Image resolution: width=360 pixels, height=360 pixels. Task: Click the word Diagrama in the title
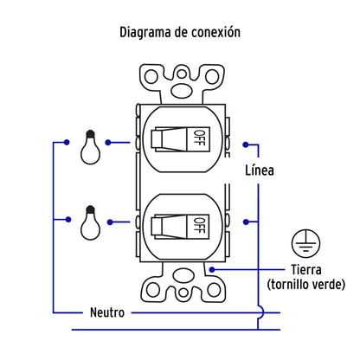pyautogui.click(x=145, y=32)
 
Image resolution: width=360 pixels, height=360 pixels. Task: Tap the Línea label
pyautogui.click(x=260, y=170)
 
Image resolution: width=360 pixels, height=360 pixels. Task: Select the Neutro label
pyautogui.click(x=107, y=312)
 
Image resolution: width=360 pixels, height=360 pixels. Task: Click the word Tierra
pyautogui.click(x=306, y=270)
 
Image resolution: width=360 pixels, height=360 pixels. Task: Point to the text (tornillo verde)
pyautogui.click(x=306, y=285)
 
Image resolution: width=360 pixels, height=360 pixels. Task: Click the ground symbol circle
pyautogui.click(x=305, y=243)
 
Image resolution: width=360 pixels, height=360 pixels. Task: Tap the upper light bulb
pyautogui.click(x=90, y=147)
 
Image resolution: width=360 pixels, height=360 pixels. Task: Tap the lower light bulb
pyautogui.click(x=90, y=222)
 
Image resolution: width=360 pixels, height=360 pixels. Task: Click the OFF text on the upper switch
pyautogui.click(x=199, y=138)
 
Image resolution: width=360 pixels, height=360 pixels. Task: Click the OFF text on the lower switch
pyautogui.click(x=199, y=226)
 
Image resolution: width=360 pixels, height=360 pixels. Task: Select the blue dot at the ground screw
pyautogui.click(x=212, y=270)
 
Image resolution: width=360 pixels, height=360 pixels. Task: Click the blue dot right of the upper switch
pyautogui.click(x=246, y=145)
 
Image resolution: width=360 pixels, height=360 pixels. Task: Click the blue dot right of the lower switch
pyautogui.click(x=246, y=222)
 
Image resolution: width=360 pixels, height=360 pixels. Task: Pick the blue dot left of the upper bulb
pyautogui.click(x=67, y=142)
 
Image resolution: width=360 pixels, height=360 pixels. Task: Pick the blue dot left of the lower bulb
pyautogui.click(x=68, y=220)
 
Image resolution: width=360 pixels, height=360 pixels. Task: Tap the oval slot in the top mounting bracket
pyautogui.click(x=182, y=90)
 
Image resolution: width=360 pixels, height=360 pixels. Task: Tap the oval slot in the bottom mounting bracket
pyautogui.click(x=183, y=275)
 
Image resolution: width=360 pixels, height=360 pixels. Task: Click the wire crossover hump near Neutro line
pyautogui.click(x=262, y=312)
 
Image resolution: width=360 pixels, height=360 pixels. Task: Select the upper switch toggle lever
pyautogui.click(x=170, y=139)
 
